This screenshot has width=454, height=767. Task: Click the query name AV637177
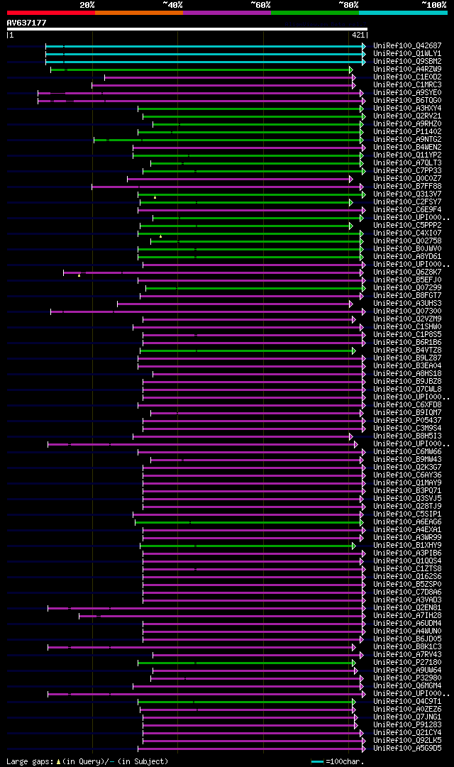tap(27, 23)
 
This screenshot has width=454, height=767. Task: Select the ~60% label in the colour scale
tap(260, 5)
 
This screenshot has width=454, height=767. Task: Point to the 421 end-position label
tap(358, 35)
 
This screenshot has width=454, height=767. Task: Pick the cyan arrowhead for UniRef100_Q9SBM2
tap(364, 61)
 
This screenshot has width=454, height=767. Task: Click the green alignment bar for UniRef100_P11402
tap(248, 131)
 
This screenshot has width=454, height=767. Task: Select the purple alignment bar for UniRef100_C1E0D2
tap(227, 77)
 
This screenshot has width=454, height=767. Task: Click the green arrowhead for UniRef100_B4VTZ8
tap(353, 350)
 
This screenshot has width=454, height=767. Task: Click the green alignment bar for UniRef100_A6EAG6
tap(248, 522)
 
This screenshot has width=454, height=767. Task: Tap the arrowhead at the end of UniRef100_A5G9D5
tap(364, 748)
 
